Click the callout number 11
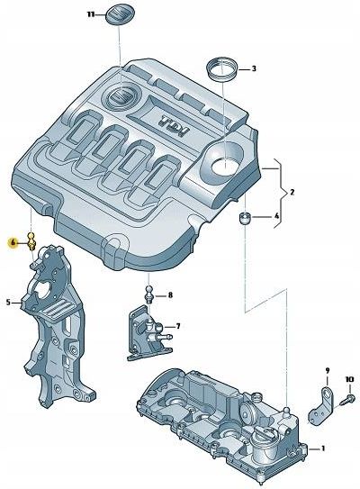[90, 15]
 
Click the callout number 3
[253, 68]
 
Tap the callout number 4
[277, 217]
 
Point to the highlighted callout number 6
[13, 242]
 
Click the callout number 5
[9, 303]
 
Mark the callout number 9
[328, 370]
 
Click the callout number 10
[350, 380]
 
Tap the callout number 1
[325, 448]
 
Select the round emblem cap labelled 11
[121, 16]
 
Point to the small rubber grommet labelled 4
[243, 218]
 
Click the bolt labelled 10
[346, 397]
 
